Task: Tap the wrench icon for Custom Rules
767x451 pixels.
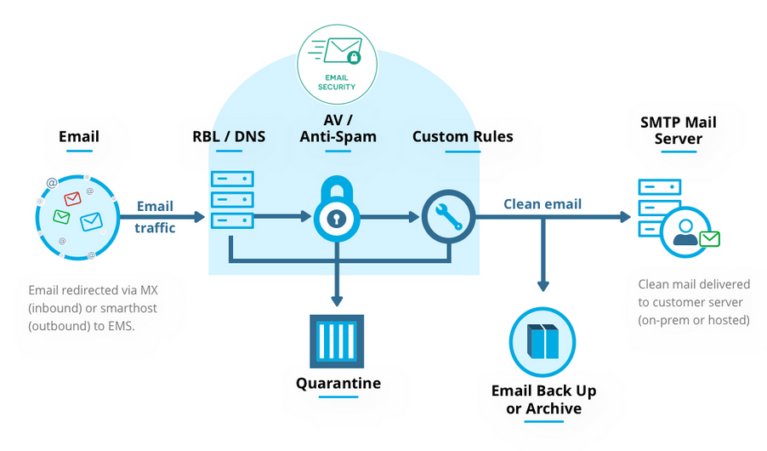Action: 447,217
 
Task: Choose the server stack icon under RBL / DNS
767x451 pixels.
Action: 231,200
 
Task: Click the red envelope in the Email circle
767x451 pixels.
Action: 73,199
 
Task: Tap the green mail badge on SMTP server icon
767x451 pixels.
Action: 709,239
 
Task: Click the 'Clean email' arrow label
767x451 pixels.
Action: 543,203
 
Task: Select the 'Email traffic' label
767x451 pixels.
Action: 155,217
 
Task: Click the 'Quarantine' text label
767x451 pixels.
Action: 338,383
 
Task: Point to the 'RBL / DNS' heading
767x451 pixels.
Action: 229,136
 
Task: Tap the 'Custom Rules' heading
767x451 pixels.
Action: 463,136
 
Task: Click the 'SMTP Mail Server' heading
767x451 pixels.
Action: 678,129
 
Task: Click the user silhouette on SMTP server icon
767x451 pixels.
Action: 685,232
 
